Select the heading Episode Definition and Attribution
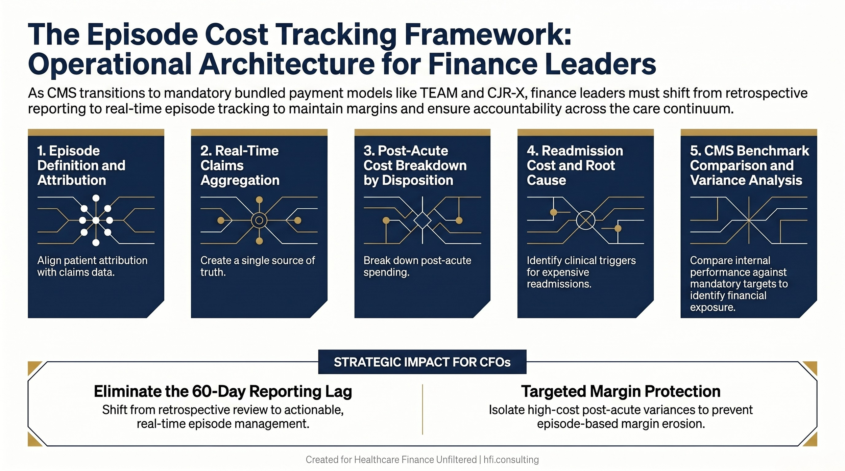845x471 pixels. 81,165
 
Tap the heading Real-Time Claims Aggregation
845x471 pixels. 240,165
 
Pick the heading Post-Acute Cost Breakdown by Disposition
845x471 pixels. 415,165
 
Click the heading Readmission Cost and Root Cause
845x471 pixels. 575,165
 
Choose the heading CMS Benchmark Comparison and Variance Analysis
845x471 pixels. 749,165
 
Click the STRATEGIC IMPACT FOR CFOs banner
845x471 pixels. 422,362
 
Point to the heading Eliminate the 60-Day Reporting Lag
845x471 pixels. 223,391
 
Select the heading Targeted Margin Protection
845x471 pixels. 621,391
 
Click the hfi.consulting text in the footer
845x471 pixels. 511,460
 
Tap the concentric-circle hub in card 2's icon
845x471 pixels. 259,220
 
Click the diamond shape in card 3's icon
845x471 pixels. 422,220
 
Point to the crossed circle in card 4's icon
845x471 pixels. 585,220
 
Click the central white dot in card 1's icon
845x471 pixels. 96,220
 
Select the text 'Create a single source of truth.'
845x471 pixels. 257,266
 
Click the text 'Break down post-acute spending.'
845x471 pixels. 417,266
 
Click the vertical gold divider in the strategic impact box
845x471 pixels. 422,409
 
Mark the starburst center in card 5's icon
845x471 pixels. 749,220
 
